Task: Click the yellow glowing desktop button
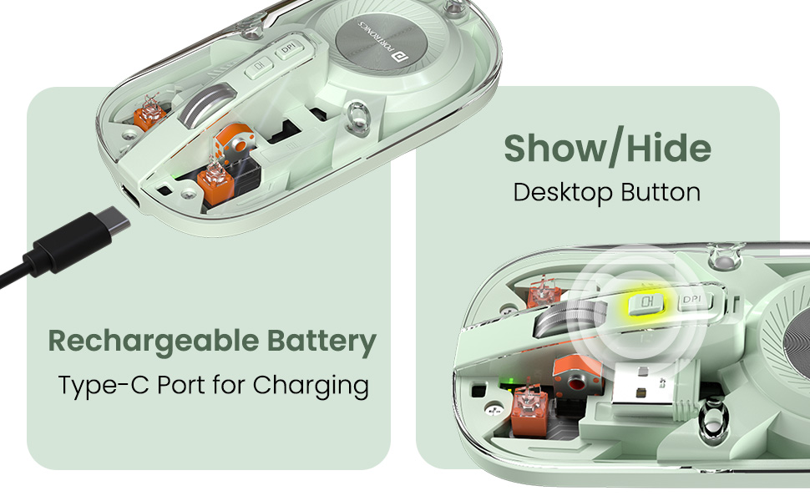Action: tap(645, 301)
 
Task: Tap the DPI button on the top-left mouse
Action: tap(289, 48)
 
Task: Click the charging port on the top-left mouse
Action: tap(129, 196)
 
